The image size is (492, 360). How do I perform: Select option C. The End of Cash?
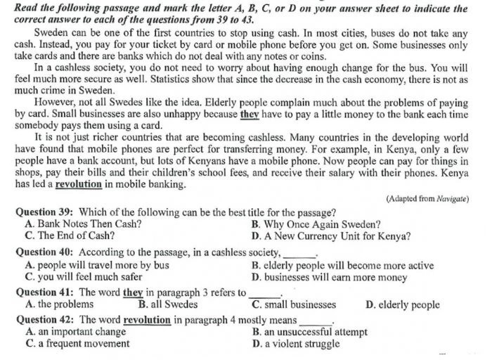click(70, 236)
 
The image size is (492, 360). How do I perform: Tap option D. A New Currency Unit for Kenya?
click(331, 236)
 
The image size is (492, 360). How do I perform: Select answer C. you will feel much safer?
click(84, 277)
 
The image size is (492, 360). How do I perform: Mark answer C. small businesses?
click(294, 304)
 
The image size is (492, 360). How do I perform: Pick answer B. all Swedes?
click(168, 304)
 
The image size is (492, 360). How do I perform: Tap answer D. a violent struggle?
click(296, 344)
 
